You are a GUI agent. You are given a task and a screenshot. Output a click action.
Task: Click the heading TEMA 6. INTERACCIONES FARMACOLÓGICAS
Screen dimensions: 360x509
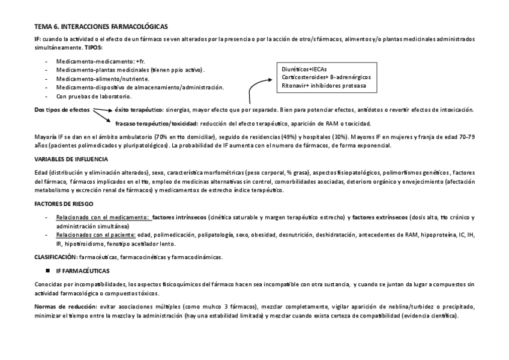pos(101,27)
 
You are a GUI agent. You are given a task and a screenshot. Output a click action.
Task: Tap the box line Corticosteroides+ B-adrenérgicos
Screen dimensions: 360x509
pos(326,77)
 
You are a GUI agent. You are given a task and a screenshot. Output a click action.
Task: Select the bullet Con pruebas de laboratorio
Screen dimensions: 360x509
pos(94,96)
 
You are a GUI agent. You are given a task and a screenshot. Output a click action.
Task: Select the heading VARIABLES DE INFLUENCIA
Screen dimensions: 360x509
pos(71,159)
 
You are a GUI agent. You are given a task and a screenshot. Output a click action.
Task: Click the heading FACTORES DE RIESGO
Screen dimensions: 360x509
pos(63,204)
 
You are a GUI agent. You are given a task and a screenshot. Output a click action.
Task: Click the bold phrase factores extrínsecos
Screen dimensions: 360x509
pos(381,217)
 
